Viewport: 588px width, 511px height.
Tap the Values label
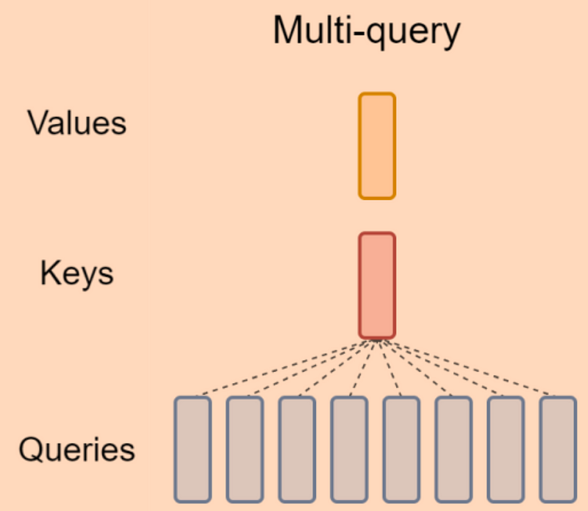77,124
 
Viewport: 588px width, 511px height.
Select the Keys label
77,274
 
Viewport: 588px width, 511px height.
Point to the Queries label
77,449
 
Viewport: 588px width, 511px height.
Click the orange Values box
377,146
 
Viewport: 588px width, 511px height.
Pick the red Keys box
377,285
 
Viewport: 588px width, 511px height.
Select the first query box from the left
193,449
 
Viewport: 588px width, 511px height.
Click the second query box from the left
245,449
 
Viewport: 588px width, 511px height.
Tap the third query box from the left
297,449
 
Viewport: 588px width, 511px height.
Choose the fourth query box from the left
349,449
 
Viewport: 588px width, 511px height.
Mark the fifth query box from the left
401,449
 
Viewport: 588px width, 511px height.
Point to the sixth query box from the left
453,449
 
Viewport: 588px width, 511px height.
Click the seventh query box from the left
506,449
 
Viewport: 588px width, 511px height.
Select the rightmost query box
558,449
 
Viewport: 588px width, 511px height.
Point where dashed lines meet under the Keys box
377,340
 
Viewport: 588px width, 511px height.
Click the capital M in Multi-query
285,32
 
